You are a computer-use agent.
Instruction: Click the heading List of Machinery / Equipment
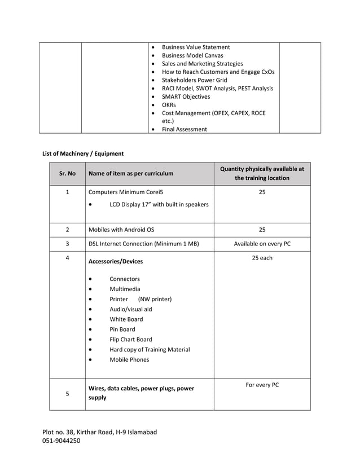click(x=83, y=153)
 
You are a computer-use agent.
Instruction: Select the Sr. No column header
click(x=67, y=174)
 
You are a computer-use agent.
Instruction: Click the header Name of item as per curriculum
click(x=131, y=174)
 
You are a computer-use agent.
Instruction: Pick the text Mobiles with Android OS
click(x=121, y=230)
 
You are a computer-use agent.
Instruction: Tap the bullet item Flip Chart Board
click(x=130, y=340)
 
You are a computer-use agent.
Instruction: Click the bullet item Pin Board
click(x=122, y=329)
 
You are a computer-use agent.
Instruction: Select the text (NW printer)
click(x=155, y=299)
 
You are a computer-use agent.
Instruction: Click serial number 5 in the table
click(x=67, y=394)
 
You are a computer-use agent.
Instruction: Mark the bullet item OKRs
click(x=169, y=105)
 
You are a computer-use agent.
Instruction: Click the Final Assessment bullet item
click(x=184, y=129)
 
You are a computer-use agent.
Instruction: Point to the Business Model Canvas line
click(x=192, y=55)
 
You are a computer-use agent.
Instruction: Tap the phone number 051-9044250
click(x=62, y=441)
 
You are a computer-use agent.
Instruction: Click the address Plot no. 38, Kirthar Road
click(x=99, y=432)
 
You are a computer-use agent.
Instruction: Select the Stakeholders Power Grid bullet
click(x=194, y=80)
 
